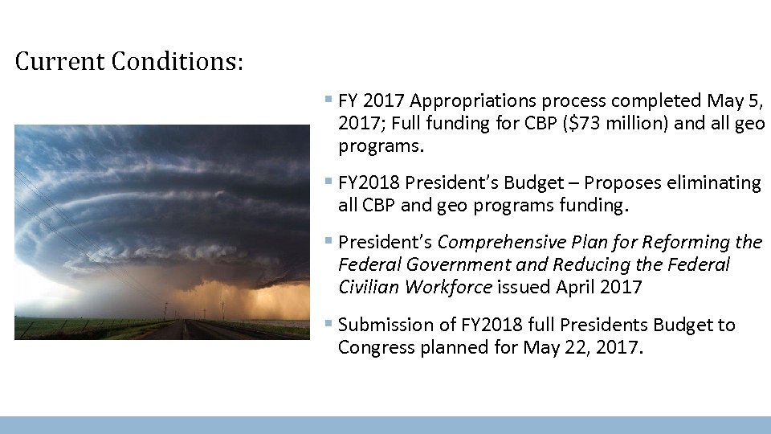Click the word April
coord(568,287)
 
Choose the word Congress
coord(373,347)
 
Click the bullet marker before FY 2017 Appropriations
coord(328,100)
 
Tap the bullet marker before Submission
coord(328,324)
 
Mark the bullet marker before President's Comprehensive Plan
coord(328,241)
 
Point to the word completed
coord(656,100)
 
